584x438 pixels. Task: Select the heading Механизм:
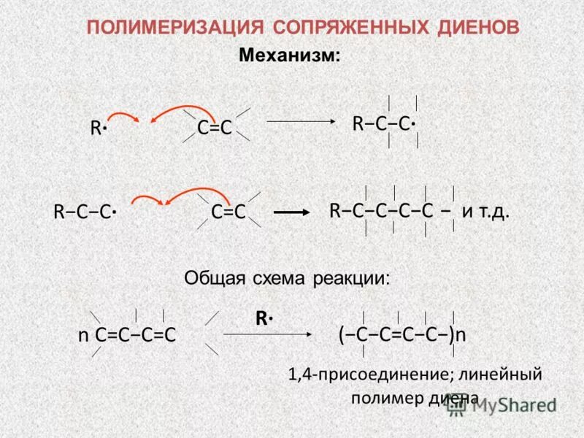pos(290,55)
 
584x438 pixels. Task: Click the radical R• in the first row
pos(99,128)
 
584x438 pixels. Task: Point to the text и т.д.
pos(485,212)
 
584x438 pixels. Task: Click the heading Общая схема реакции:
pos(287,277)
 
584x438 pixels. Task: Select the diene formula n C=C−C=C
pos(128,334)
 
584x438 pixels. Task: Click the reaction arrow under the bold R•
pos(266,334)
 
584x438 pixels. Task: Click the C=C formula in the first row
pos(215,128)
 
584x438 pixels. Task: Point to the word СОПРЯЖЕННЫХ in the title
pos(344,28)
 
